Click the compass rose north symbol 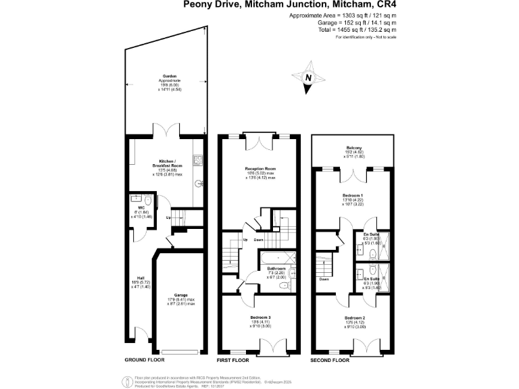coord(308,78)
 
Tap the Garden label coord(169,76)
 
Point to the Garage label coord(180,295)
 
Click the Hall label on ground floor coord(141,278)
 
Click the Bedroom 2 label coord(355,317)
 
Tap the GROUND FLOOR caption coord(145,361)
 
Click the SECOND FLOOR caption coord(330,361)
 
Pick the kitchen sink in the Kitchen coord(199,161)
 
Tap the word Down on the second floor coord(324,279)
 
